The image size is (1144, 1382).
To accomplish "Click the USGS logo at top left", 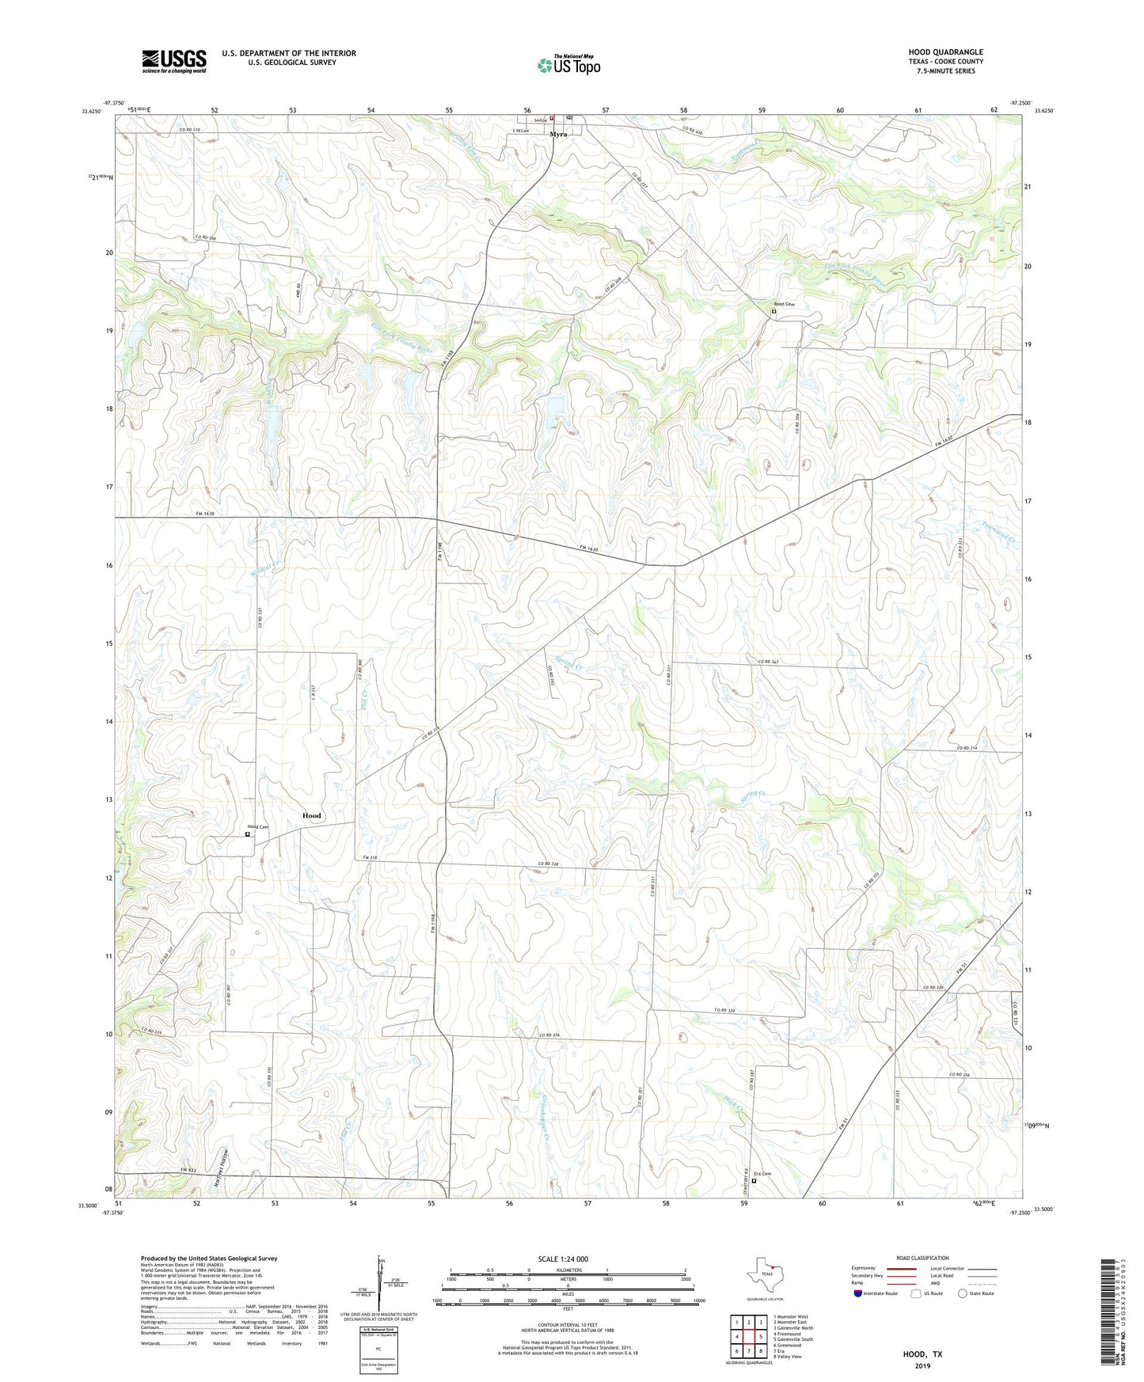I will (x=174, y=61).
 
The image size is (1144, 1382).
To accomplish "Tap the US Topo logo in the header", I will (x=568, y=65).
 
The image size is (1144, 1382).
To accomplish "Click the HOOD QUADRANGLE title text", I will (x=945, y=52).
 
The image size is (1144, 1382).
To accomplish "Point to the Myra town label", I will (x=559, y=135).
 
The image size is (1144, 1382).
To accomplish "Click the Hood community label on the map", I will (x=312, y=815).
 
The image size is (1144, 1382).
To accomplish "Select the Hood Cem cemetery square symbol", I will (x=247, y=834).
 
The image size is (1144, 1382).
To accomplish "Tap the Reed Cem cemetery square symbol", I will (x=773, y=312).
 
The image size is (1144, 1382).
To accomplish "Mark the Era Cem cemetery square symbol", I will (x=754, y=1181).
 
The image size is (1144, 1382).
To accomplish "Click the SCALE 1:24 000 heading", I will (x=562, y=1259).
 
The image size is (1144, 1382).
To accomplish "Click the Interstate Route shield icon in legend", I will (x=858, y=1293).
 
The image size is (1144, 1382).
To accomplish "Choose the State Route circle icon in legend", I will (x=962, y=1293).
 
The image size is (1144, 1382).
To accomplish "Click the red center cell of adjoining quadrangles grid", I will (x=748, y=1337).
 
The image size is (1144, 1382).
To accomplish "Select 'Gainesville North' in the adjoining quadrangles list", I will (x=794, y=1328).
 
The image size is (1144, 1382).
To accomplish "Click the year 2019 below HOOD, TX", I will (x=922, y=1366).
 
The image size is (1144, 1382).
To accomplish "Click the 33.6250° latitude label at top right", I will (x=1044, y=111).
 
